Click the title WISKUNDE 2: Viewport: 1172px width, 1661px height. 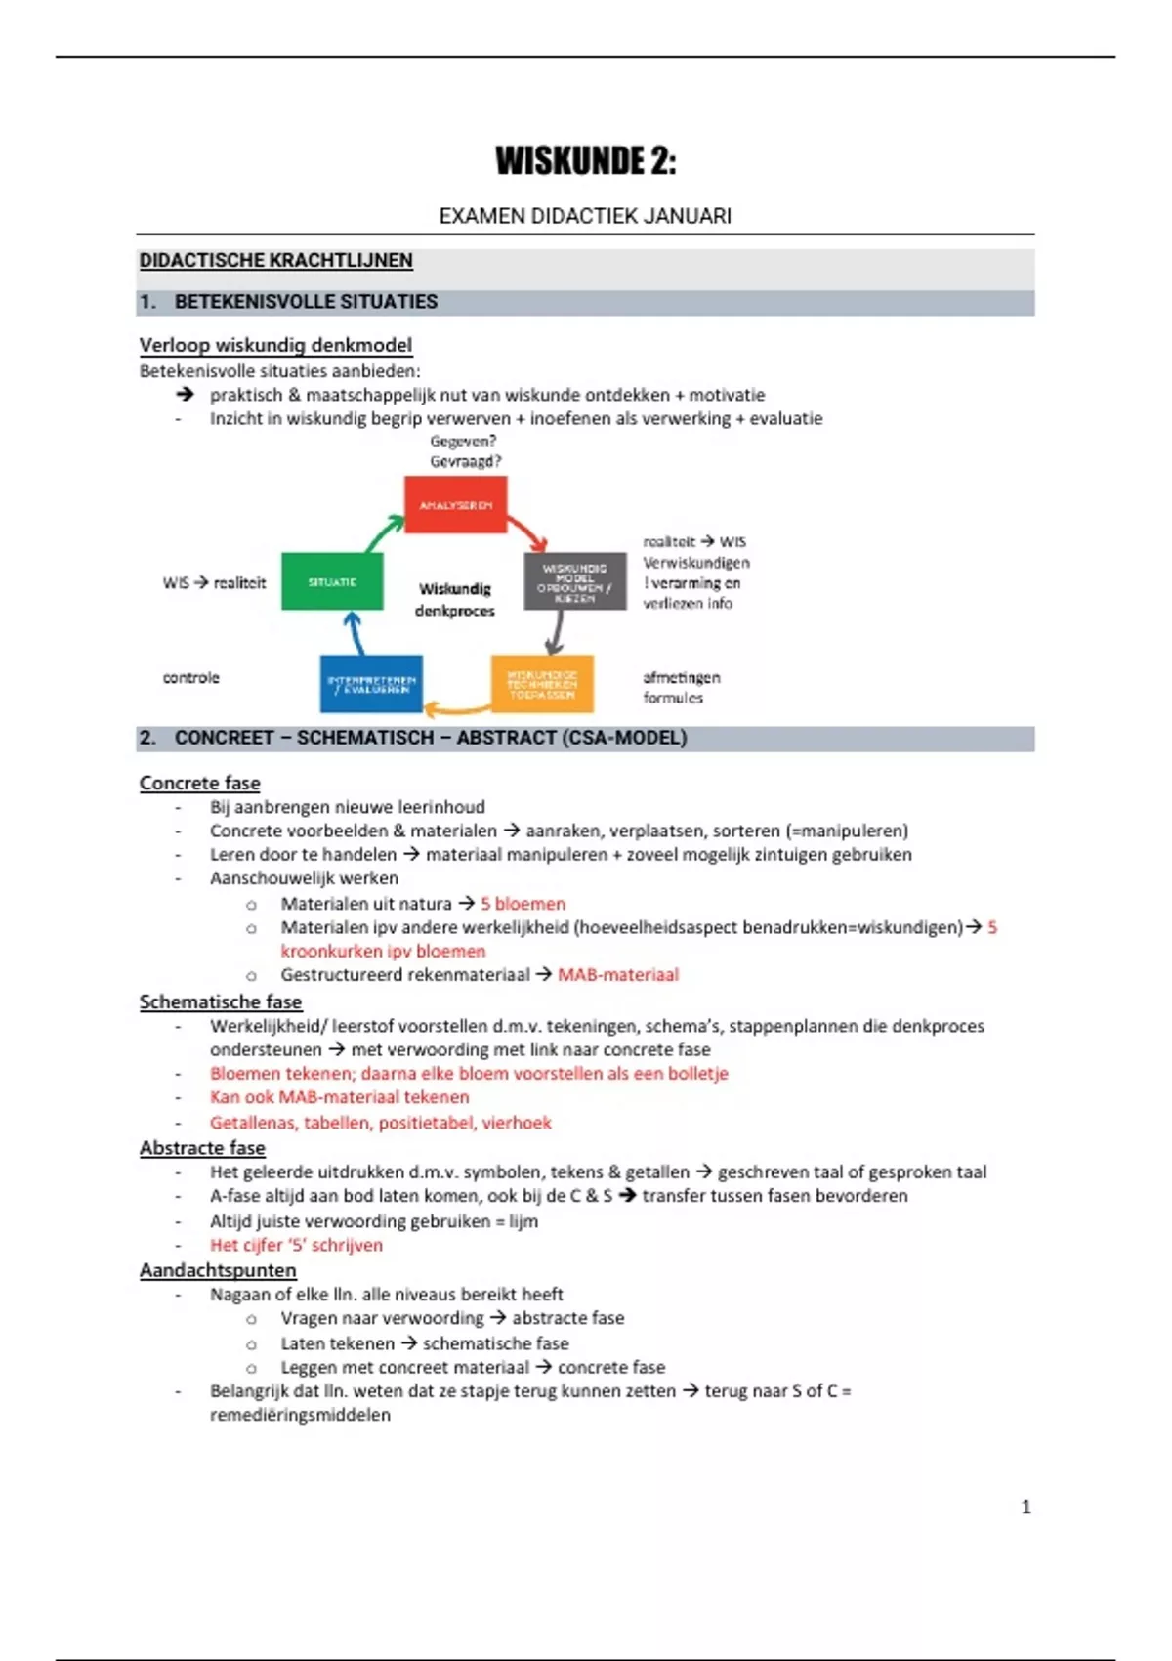click(x=585, y=161)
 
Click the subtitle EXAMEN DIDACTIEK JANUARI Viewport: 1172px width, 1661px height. click(x=585, y=216)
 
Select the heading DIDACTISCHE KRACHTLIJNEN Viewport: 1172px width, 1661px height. click(x=275, y=261)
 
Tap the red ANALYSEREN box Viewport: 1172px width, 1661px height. click(x=455, y=505)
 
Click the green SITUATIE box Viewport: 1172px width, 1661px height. click(x=332, y=582)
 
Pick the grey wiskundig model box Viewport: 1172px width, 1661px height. click(x=574, y=582)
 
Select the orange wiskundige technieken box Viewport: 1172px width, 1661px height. click(x=542, y=684)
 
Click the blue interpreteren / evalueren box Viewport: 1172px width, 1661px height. click(x=371, y=684)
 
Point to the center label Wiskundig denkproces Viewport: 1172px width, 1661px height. click(x=455, y=600)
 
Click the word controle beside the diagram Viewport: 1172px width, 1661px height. click(x=191, y=678)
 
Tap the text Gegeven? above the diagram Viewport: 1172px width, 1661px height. click(x=463, y=442)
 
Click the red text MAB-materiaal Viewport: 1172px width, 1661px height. click(x=617, y=975)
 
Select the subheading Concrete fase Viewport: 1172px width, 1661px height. click(x=200, y=784)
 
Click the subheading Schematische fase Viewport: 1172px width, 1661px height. click(x=221, y=1002)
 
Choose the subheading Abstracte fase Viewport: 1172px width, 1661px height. click(x=202, y=1148)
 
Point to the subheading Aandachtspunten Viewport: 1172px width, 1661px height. click(x=218, y=1271)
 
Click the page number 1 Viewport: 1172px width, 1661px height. click(x=1025, y=1508)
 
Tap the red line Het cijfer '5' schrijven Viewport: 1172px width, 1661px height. click(x=296, y=1246)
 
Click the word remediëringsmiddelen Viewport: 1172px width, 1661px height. click(x=300, y=1416)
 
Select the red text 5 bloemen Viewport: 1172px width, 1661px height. click(x=523, y=905)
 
